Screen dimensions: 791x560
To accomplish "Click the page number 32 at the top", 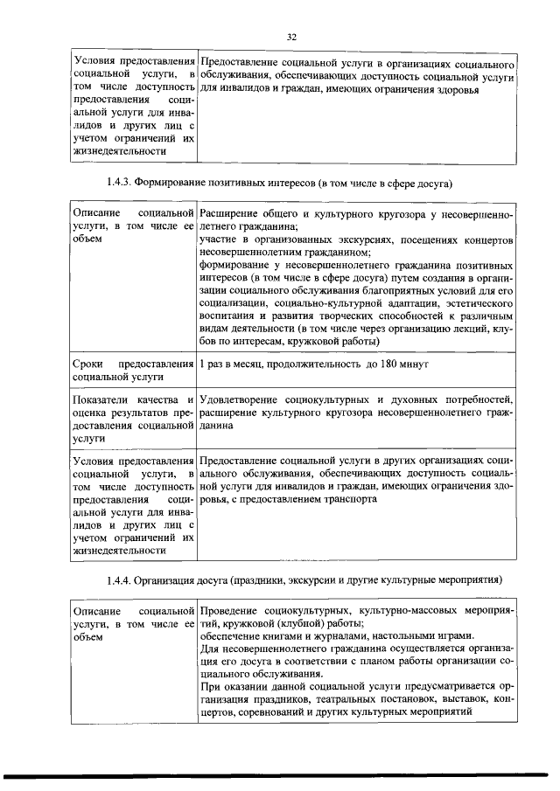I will tap(292, 36).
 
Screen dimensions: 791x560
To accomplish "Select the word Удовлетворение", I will tap(241, 400).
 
